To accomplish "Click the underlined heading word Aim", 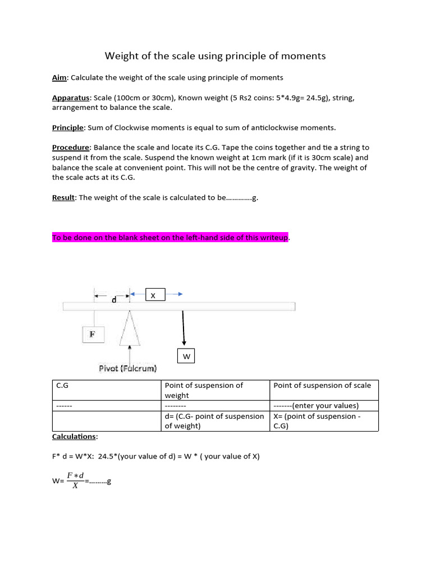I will [x=59, y=77].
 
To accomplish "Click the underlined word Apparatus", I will [x=71, y=98].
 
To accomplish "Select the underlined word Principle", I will [x=67, y=127].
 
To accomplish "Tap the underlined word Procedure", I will [x=71, y=147].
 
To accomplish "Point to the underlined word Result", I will [x=63, y=197].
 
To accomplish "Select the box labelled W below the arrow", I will [x=186, y=357].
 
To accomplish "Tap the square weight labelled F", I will [x=92, y=335].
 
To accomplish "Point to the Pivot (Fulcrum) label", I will [x=129, y=368].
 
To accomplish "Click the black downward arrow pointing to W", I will [x=183, y=328].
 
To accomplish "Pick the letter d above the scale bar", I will [x=114, y=300].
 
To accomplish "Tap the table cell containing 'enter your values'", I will [x=324, y=406].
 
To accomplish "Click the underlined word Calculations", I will [x=74, y=436].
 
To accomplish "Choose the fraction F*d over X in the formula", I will [x=75, y=480].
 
